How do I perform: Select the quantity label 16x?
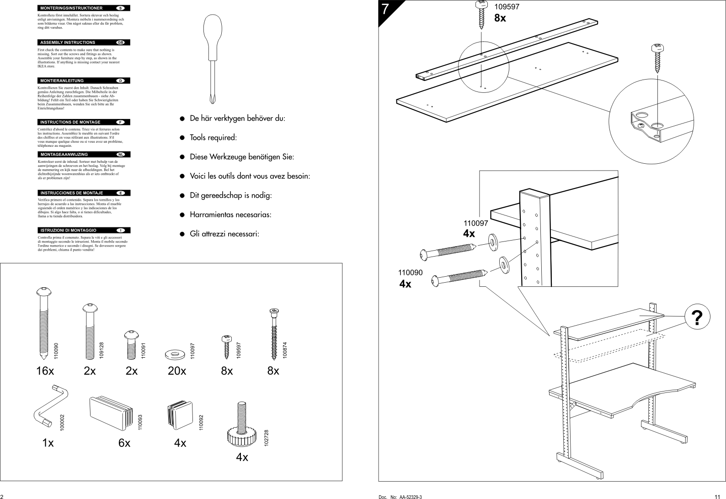coord(45,371)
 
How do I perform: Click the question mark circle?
coord(697,317)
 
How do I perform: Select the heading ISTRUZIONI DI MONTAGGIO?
coord(69,230)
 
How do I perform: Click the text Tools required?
coord(214,138)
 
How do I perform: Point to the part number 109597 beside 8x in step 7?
coord(507,7)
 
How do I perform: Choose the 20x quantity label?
coord(177,371)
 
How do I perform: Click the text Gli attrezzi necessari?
coord(224,234)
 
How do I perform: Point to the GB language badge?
coord(121,43)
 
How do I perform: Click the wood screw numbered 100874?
coord(274,334)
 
